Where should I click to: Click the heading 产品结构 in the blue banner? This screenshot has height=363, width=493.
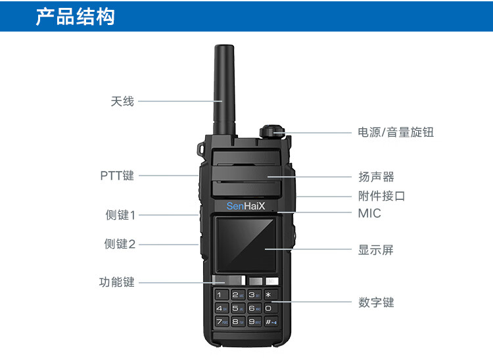75,16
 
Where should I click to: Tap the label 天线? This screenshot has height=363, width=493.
122,101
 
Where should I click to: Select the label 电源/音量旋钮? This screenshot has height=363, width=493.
396,132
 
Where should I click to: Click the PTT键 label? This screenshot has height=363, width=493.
117,176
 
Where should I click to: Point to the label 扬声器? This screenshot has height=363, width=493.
376,177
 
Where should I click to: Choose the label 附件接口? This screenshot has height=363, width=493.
382,196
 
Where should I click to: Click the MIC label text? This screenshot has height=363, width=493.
369,213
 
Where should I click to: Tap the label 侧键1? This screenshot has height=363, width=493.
120,215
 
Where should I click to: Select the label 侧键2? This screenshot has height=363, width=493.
120,244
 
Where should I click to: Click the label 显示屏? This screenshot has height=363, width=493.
376,250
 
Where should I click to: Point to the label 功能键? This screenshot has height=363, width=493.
116,282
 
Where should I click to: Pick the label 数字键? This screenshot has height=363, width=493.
376,302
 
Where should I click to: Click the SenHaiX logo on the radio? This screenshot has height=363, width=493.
246,206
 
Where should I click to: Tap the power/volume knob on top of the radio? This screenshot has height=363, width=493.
272,131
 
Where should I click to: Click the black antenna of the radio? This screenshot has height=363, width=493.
224,89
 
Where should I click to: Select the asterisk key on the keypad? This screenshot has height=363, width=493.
270,295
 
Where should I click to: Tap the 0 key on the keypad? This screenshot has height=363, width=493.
270,308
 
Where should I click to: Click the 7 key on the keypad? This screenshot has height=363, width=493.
222,322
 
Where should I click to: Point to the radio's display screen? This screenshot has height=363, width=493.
246,245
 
